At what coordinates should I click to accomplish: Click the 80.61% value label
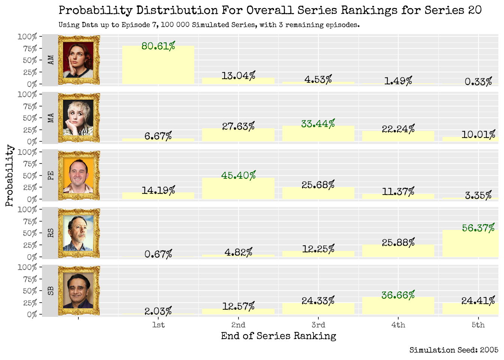click(x=158, y=46)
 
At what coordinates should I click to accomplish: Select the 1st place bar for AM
click(x=158, y=66)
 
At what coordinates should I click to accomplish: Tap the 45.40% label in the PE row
click(x=238, y=175)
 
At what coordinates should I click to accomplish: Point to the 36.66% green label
click(x=398, y=295)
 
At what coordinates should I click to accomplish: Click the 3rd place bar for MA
click(x=318, y=134)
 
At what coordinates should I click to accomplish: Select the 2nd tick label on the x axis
click(x=238, y=325)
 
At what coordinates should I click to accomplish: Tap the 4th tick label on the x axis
click(x=398, y=325)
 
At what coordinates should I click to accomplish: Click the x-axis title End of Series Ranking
click(x=278, y=336)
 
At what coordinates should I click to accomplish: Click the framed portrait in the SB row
click(x=79, y=291)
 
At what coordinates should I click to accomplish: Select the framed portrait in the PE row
click(x=79, y=175)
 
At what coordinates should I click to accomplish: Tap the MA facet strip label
click(x=51, y=118)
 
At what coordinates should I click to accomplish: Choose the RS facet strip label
click(x=51, y=233)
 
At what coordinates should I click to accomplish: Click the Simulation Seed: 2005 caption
click(x=454, y=350)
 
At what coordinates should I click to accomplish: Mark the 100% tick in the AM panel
click(x=27, y=37)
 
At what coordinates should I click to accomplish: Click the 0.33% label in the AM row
click(x=478, y=82)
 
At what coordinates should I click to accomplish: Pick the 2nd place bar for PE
click(x=238, y=189)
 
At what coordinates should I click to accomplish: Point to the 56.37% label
click(x=478, y=228)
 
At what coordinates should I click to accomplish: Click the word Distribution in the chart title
click(x=177, y=10)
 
